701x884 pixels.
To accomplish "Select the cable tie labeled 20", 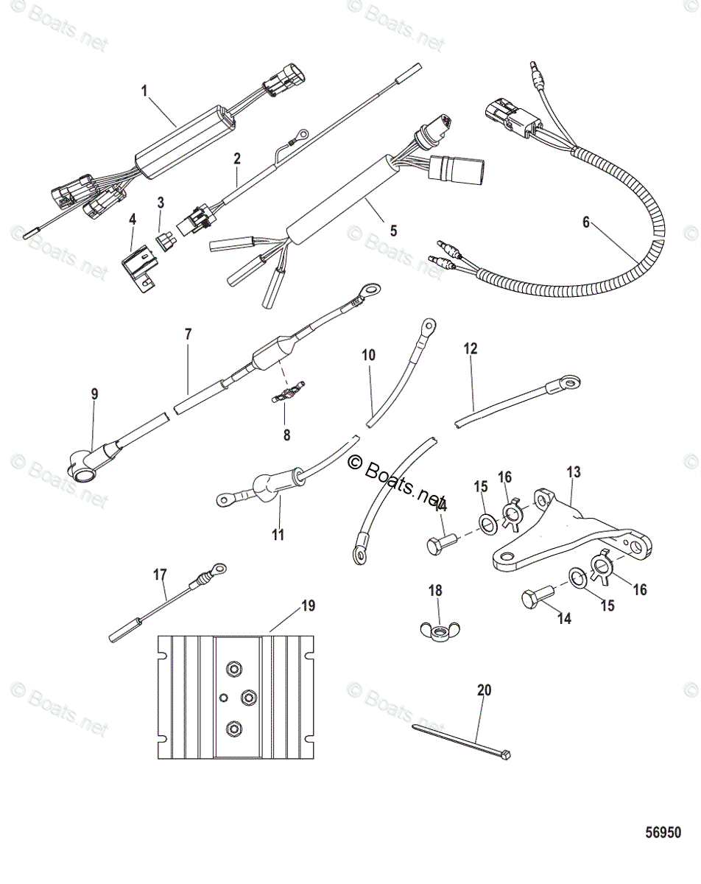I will pyautogui.click(x=461, y=740).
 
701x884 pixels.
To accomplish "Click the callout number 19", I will pyautogui.click(x=307, y=606).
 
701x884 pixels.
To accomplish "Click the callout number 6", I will pyautogui.click(x=586, y=222).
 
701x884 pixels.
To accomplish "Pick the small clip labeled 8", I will pyautogui.click(x=286, y=397).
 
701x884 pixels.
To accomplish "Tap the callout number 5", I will pyautogui.click(x=393, y=231).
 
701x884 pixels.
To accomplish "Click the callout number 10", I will pyautogui.click(x=368, y=355).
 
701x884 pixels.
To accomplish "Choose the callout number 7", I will pyautogui.click(x=188, y=334).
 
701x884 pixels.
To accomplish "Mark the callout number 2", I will pyautogui.click(x=236, y=158).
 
